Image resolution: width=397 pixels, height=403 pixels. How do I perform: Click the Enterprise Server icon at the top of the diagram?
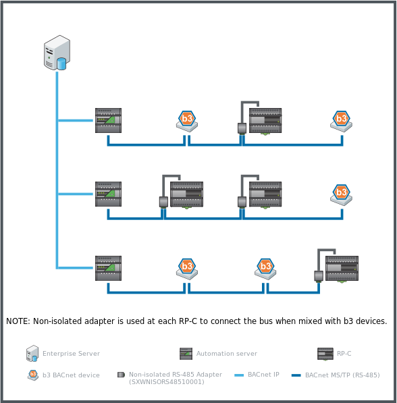tap(57, 53)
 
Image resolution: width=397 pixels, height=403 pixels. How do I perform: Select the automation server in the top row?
tap(108, 120)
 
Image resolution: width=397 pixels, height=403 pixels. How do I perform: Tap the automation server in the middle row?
tap(108, 194)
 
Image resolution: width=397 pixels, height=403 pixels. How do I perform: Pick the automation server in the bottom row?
tap(108, 268)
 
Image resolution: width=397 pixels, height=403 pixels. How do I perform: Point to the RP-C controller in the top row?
tap(265, 121)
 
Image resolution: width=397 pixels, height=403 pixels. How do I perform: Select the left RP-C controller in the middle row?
tap(186, 194)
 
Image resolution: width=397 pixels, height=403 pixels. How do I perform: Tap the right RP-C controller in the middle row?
tap(265, 194)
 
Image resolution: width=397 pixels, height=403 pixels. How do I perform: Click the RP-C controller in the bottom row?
tap(342, 268)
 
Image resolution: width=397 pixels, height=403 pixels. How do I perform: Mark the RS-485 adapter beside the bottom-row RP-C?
tap(318, 275)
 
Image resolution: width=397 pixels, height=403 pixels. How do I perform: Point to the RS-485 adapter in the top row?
tap(241, 128)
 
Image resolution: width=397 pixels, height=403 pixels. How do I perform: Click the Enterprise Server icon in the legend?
tap(32, 353)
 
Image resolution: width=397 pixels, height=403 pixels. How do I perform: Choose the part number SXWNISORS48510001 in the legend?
tap(166, 382)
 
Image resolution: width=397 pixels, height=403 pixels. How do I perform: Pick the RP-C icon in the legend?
tap(325, 354)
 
